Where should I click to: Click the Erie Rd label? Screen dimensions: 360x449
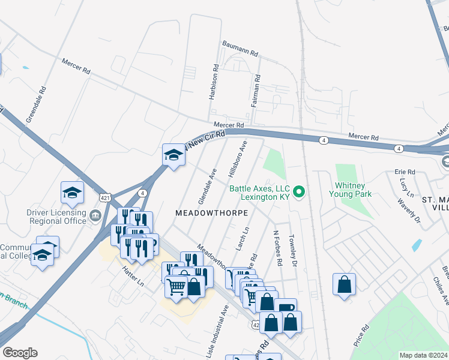405,172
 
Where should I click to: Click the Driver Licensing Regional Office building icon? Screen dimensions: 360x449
95,215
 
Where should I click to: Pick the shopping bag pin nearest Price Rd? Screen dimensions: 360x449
344,284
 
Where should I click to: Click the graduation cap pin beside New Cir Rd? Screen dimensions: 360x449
173,155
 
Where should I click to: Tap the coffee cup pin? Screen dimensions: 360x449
285,308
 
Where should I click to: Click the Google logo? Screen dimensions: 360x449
20,353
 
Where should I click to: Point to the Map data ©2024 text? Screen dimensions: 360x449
423,355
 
